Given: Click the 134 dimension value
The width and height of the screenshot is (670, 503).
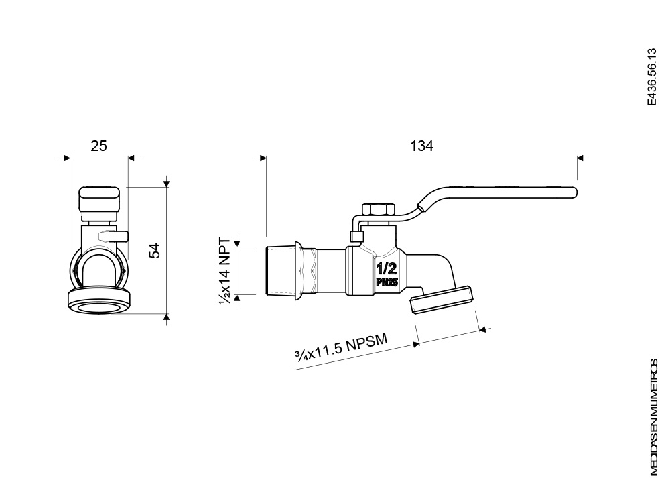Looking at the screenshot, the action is [421, 146].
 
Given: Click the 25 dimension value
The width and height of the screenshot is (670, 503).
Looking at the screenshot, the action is [98, 146].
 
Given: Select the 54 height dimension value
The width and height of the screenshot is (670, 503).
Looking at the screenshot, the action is [154, 251].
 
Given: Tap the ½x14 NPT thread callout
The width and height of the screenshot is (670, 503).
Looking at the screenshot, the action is [224, 271].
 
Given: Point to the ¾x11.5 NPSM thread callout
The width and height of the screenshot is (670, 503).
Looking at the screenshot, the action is [342, 347].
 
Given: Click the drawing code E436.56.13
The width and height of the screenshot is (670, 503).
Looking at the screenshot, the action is [651, 77].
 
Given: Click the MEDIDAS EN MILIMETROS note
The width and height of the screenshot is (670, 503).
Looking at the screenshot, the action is [654, 417].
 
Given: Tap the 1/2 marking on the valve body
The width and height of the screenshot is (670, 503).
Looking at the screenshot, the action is [387, 269].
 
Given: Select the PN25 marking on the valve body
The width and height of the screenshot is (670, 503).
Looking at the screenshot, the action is [387, 282].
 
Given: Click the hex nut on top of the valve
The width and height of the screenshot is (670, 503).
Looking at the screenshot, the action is [379, 209].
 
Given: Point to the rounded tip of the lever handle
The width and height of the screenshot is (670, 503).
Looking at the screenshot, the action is [575, 192].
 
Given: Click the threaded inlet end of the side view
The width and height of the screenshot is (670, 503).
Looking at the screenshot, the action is [280, 271].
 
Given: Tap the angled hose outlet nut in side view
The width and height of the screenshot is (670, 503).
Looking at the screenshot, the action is [442, 300].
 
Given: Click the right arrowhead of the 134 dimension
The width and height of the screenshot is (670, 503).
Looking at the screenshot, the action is [580, 158].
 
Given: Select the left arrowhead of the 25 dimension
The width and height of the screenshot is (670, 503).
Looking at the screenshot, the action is [66, 158].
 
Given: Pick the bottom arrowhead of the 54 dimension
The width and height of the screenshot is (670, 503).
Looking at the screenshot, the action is [167, 317].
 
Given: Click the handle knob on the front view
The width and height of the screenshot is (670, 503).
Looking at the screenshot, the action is [99, 198].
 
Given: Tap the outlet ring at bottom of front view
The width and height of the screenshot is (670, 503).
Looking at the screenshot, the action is [99, 302].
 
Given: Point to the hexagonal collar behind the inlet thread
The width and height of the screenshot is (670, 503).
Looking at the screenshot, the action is [306, 271].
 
